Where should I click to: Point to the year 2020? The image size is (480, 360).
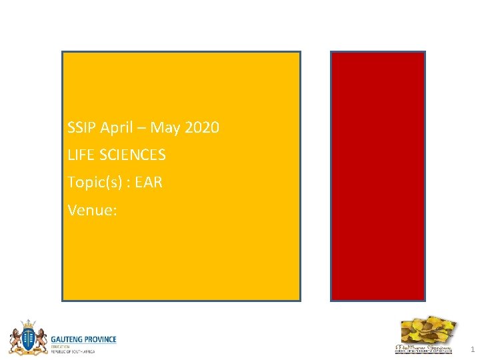(201, 127)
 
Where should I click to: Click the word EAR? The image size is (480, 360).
(149, 182)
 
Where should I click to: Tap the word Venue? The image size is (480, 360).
(92, 211)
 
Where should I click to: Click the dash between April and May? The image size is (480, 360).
(139, 127)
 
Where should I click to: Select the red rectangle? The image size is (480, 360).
(378, 176)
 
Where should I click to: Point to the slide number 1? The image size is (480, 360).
(471, 349)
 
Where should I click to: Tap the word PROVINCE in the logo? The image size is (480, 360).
(99, 339)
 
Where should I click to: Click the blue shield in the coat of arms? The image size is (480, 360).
(27, 341)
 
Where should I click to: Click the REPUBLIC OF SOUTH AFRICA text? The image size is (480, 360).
(73, 351)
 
